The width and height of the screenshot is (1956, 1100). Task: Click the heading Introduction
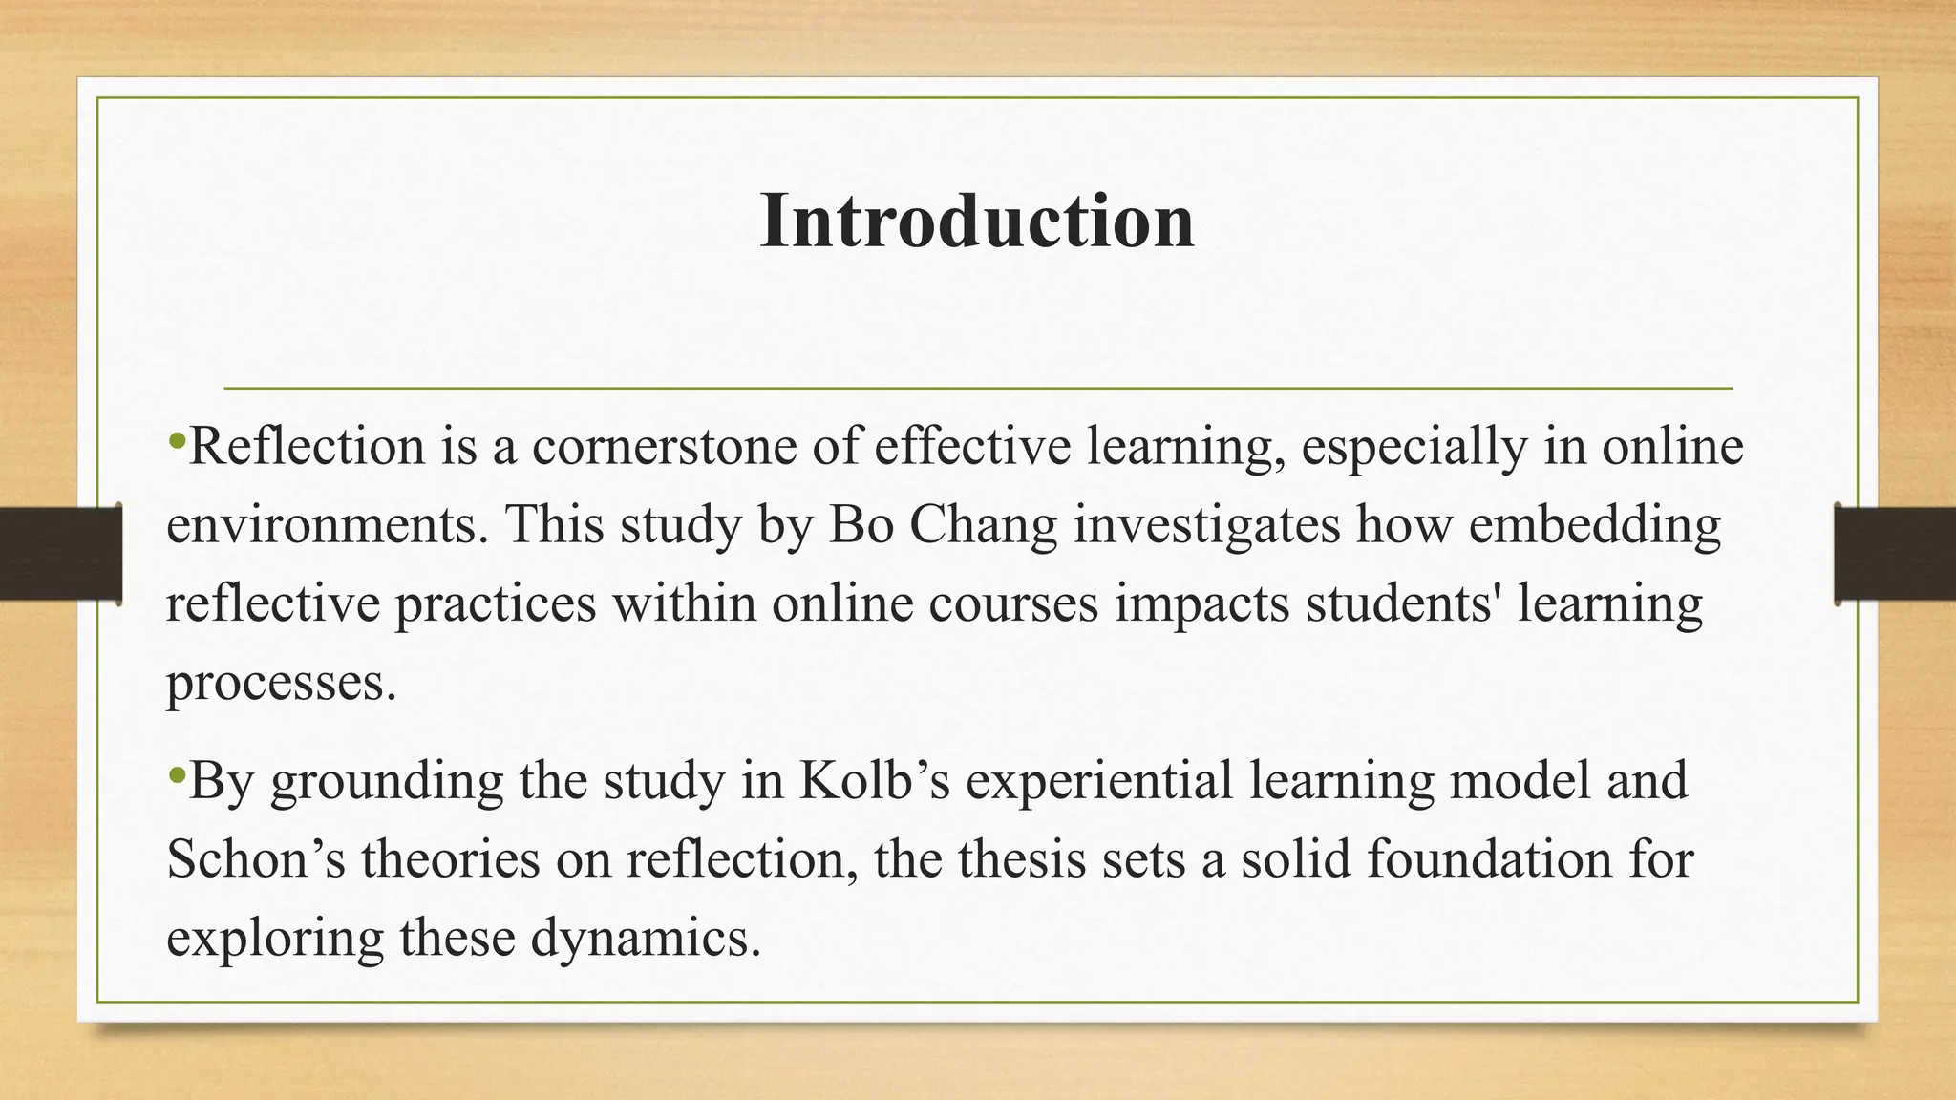coord(977,222)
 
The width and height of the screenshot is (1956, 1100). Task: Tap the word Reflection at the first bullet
coord(307,446)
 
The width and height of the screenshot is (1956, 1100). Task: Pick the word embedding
coord(1595,524)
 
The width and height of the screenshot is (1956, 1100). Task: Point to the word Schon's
coord(255,858)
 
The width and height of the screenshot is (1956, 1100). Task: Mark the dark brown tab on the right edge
coord(1895,554)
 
